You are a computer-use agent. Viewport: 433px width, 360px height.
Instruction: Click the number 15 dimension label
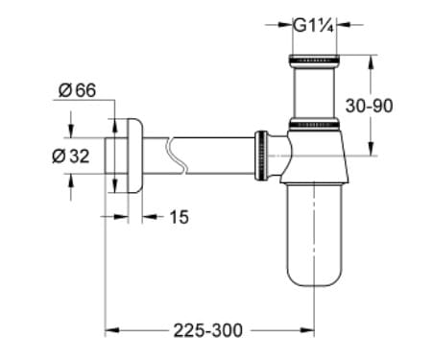pyautogui.click(x=180, y=218)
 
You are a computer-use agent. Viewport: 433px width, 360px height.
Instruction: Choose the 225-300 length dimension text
pyautogui.click(x=208, y=329)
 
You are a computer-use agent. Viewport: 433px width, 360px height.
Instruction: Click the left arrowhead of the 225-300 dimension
pyautogui.click(x=109, y=329)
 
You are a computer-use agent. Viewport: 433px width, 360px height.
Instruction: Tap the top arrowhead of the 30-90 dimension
pyautogui.click(x=370, y=60)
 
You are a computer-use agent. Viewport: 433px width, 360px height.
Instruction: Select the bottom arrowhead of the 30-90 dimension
pyautogui.click(x=370, y=149)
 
